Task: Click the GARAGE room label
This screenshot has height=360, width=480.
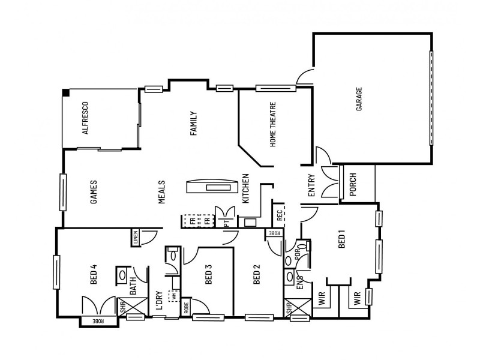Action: (x=359, y=100)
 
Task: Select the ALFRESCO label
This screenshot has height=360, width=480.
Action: (x=86, y=117)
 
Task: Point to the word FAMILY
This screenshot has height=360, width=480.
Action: (x=194, y=124)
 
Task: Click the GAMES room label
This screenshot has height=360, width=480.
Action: (x=94, y=193)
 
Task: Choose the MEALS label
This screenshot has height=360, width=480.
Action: (x=162, y=193)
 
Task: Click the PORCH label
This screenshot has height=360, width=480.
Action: (x=352, y=185)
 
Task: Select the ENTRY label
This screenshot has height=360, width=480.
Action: (x=311, y=186)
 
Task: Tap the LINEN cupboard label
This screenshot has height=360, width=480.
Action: (x=136, y=238)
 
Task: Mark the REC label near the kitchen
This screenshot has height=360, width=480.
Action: (x=279, y=214)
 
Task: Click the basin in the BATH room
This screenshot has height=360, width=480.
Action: (x=123, y=277)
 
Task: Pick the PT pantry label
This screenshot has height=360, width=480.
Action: (x=227, y=222)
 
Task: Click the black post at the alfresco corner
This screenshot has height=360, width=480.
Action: (x=65, y=92)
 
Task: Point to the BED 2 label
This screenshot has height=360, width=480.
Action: (x=257, y=275)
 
